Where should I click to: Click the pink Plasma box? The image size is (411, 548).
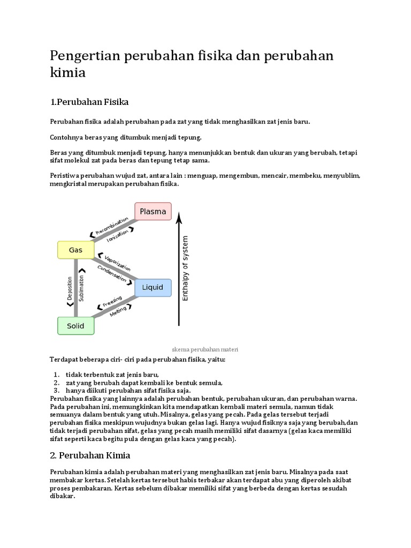(x=153, y=211)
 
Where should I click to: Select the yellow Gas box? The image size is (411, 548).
(x=75, y=249)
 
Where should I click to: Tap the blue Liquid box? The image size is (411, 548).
(x=153, y=287)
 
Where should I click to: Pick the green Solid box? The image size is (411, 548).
(x=75, y=325)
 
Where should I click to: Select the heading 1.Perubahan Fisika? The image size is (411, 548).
(x=90, y=101)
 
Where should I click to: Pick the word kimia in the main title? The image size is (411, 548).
(x=67, y=73)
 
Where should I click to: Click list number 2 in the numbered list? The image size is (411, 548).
(x=56, y=383)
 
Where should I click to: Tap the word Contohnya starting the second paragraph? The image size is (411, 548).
(x=66, y=137)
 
